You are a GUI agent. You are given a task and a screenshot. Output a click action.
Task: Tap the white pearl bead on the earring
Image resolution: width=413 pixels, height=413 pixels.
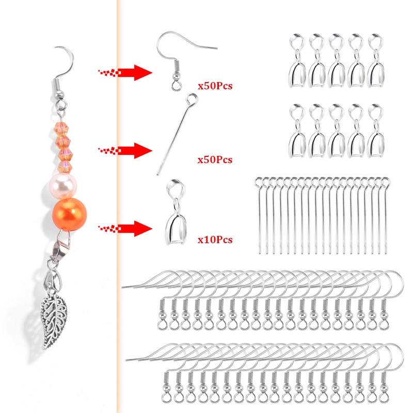pyautogui.click(x=63, y=185)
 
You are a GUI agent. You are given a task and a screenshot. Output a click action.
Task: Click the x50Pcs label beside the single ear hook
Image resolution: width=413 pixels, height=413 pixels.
pyautogui.click(x=215, y=86)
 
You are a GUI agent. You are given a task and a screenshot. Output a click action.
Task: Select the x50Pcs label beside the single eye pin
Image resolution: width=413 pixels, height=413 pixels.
pyautogui.click(x=215, y=160)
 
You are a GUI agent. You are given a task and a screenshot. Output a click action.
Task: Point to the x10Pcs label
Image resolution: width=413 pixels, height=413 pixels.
pyautogui.click(x=215, y=240)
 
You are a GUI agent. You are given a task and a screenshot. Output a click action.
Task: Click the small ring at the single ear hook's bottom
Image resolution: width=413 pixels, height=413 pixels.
pyautogui.click(x=176, y=81)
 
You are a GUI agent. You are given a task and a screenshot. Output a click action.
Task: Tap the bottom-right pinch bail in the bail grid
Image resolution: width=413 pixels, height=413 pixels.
pyautogui.click(x=376, y=131)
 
